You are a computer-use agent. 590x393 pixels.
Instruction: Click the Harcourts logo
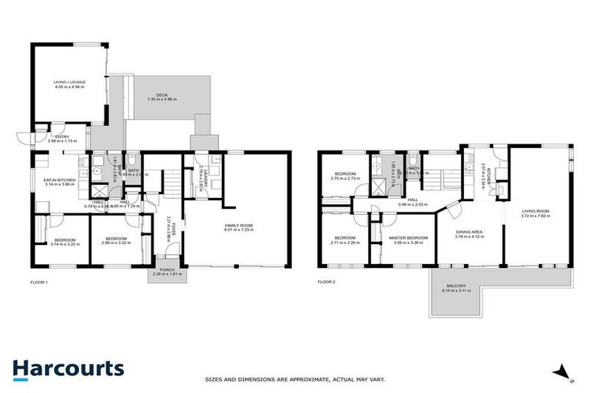tap(68, 368)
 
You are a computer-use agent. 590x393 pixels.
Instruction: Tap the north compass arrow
tap(565, 372)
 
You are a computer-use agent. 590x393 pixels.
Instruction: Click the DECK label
tap(161, 94)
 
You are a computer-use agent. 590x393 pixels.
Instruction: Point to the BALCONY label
tap(454, 286)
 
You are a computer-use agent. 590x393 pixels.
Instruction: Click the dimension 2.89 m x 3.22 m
tap(114, 242)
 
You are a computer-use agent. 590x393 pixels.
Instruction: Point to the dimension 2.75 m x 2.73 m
tap(343, 179)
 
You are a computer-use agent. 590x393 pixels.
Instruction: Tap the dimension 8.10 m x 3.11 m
tap(454, 292)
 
